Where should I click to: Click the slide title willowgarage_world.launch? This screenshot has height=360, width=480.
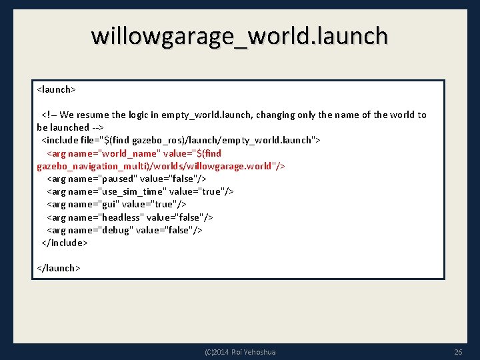[239, 35]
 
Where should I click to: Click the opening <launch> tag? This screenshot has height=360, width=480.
[57, 89]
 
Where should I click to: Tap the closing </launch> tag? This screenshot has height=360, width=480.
[59, 268]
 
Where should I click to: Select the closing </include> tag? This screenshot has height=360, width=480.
[65, 243]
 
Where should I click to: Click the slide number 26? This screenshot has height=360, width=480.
[458, 352]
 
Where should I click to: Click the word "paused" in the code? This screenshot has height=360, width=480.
[119, 179]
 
